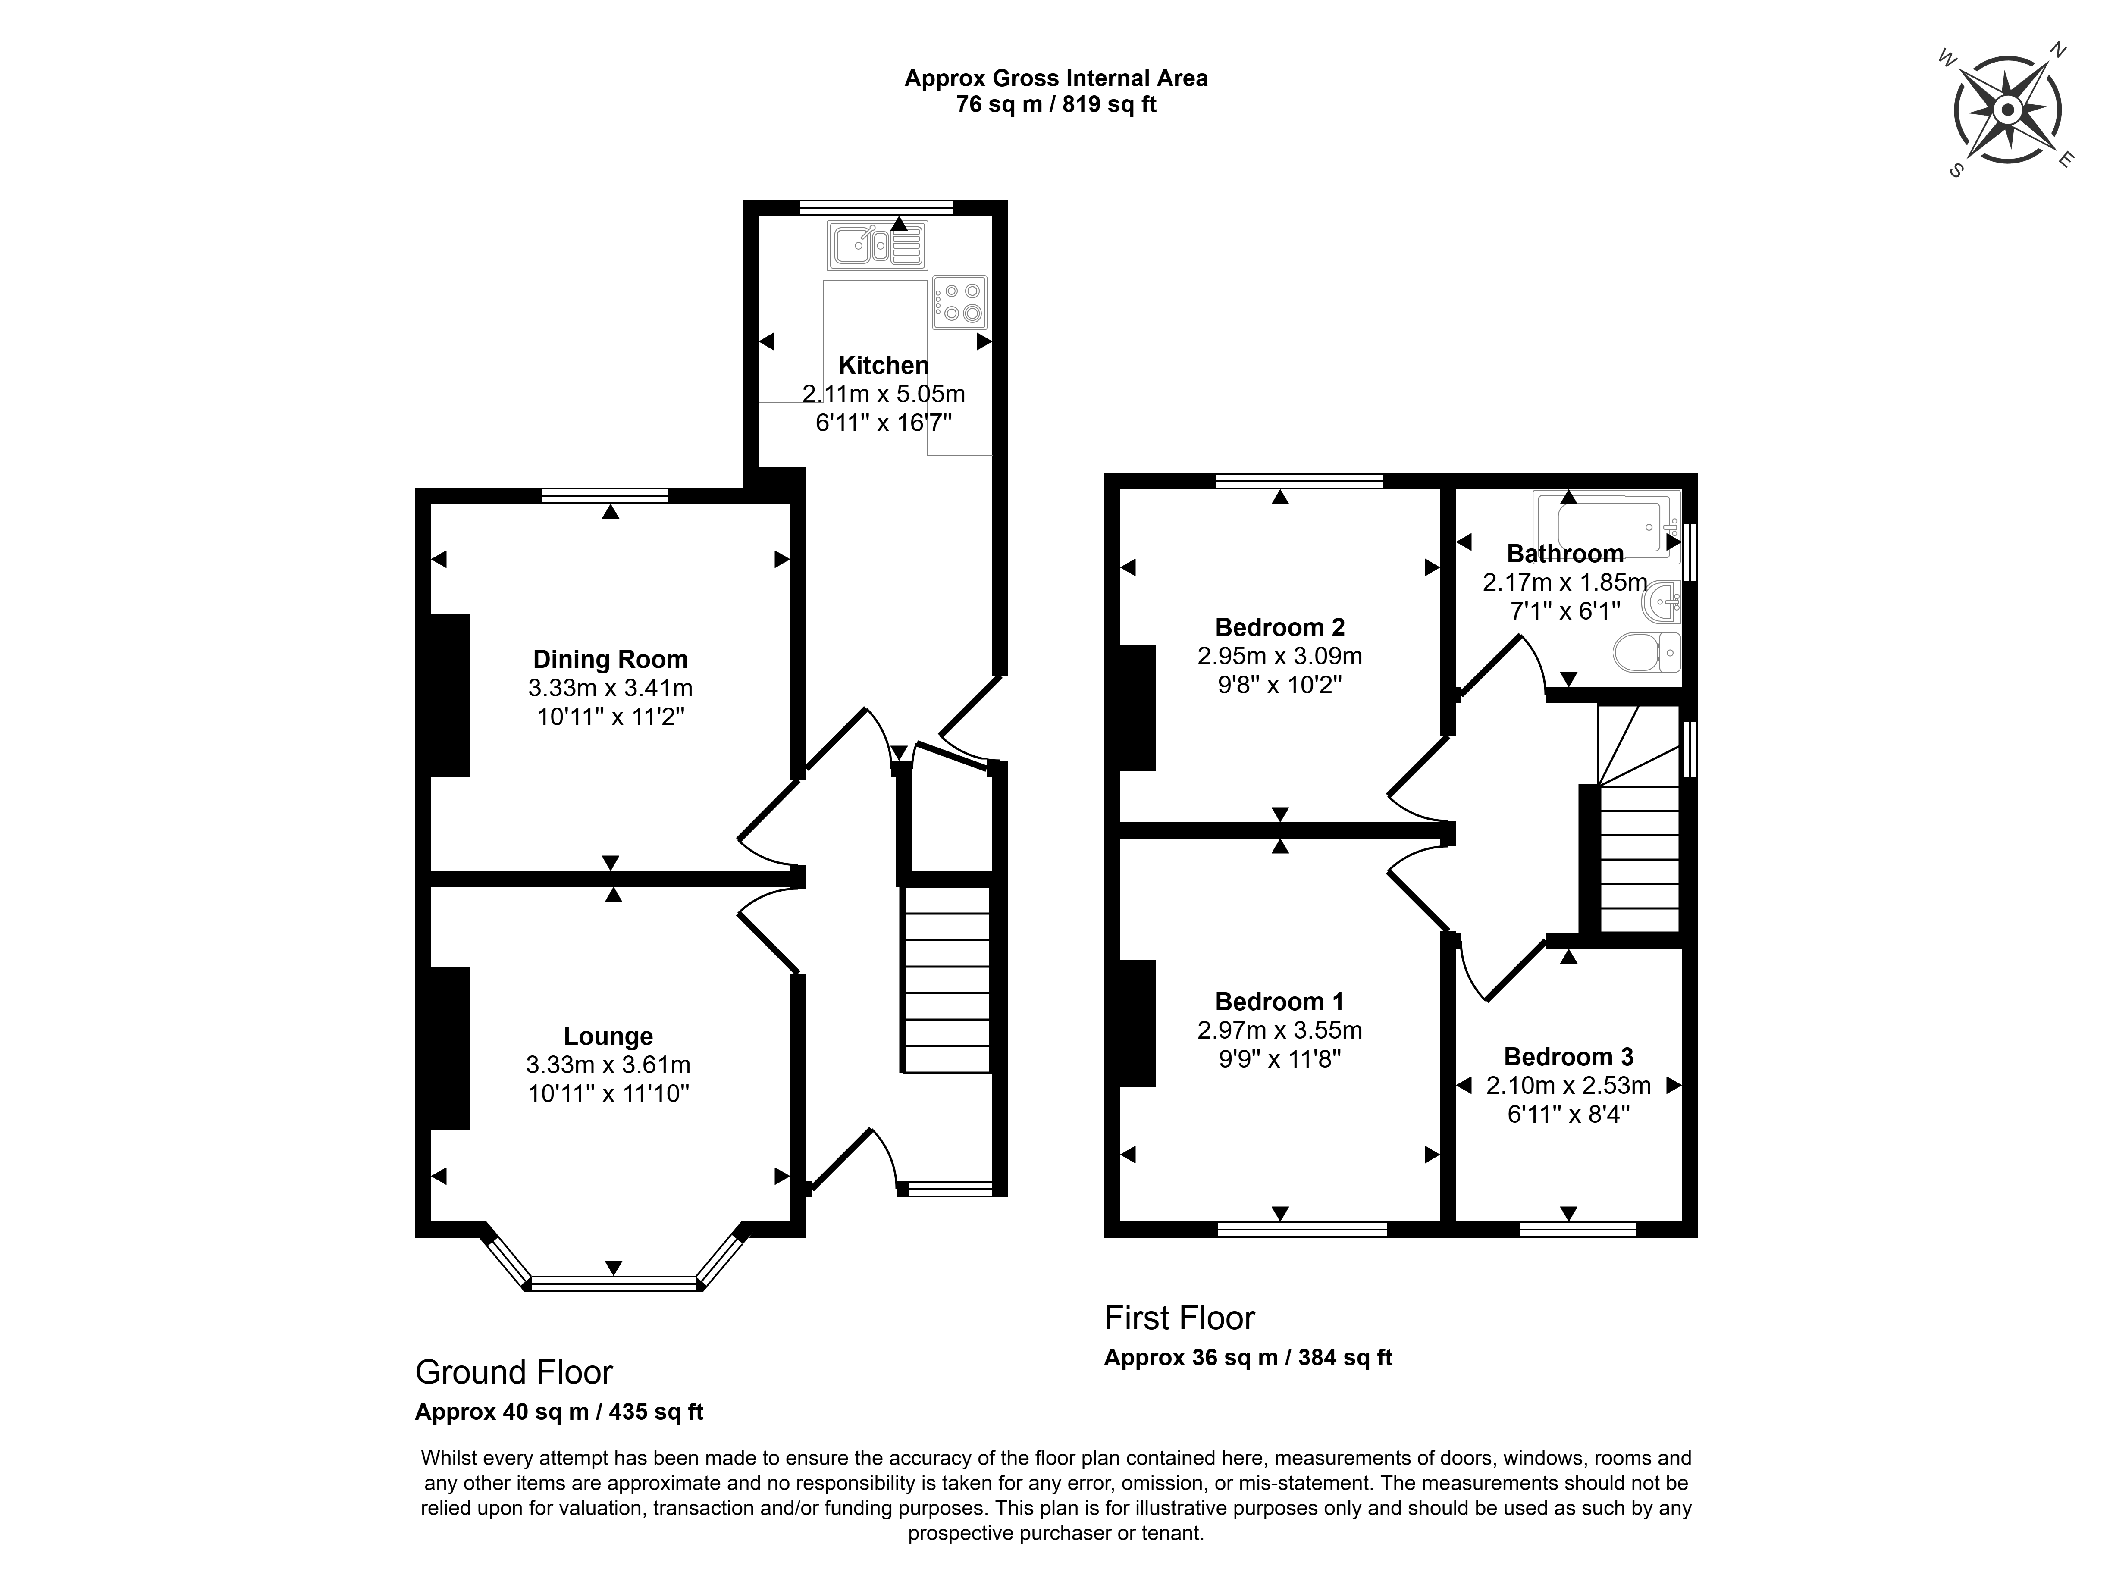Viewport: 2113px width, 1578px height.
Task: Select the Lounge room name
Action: point(608,1036)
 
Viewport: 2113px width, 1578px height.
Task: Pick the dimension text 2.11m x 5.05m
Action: point(884,394)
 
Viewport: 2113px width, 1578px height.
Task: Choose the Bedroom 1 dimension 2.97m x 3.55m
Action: point(1280,1030)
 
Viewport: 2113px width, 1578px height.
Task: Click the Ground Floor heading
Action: point(514,1373)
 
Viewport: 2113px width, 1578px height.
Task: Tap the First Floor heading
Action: point(1180,1318)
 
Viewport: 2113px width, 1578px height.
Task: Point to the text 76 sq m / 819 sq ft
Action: point(1056,104)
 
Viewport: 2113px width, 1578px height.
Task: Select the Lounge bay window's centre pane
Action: point(614,1284)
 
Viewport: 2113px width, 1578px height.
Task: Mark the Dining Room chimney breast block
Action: point(450,695)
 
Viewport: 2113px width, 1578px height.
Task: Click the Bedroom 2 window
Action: point(1299,480)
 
